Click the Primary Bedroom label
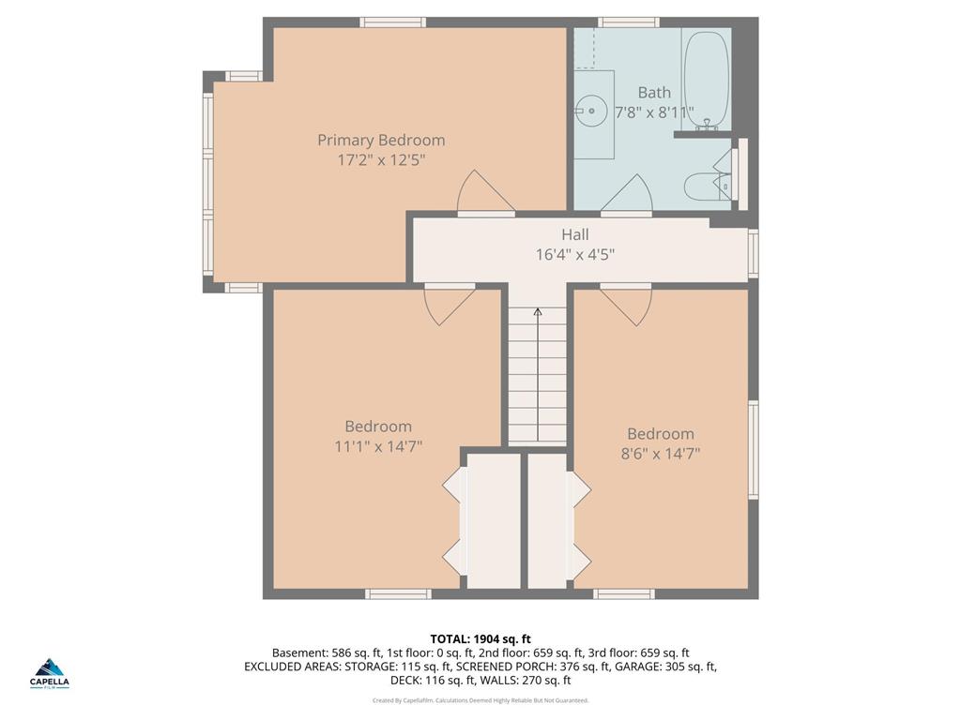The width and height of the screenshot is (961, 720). [381, 141]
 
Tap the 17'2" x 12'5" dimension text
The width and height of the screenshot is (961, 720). [381, 160]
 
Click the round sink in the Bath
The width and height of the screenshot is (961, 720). [591, 111]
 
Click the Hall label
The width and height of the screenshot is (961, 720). [575, 234]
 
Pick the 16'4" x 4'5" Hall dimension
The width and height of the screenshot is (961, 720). [575, 254]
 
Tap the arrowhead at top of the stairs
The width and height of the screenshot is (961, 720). [538, 311]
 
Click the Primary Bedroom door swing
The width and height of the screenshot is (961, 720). [485, 191]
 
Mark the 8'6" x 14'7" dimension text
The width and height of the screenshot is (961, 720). [660, 455]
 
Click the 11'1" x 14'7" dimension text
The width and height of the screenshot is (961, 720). [378, 447]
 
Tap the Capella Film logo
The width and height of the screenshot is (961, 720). [50, 674]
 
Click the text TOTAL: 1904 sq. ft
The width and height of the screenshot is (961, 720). [480, 639]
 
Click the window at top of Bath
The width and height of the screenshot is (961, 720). [629, 22]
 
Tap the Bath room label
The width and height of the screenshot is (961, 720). [654, 93]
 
